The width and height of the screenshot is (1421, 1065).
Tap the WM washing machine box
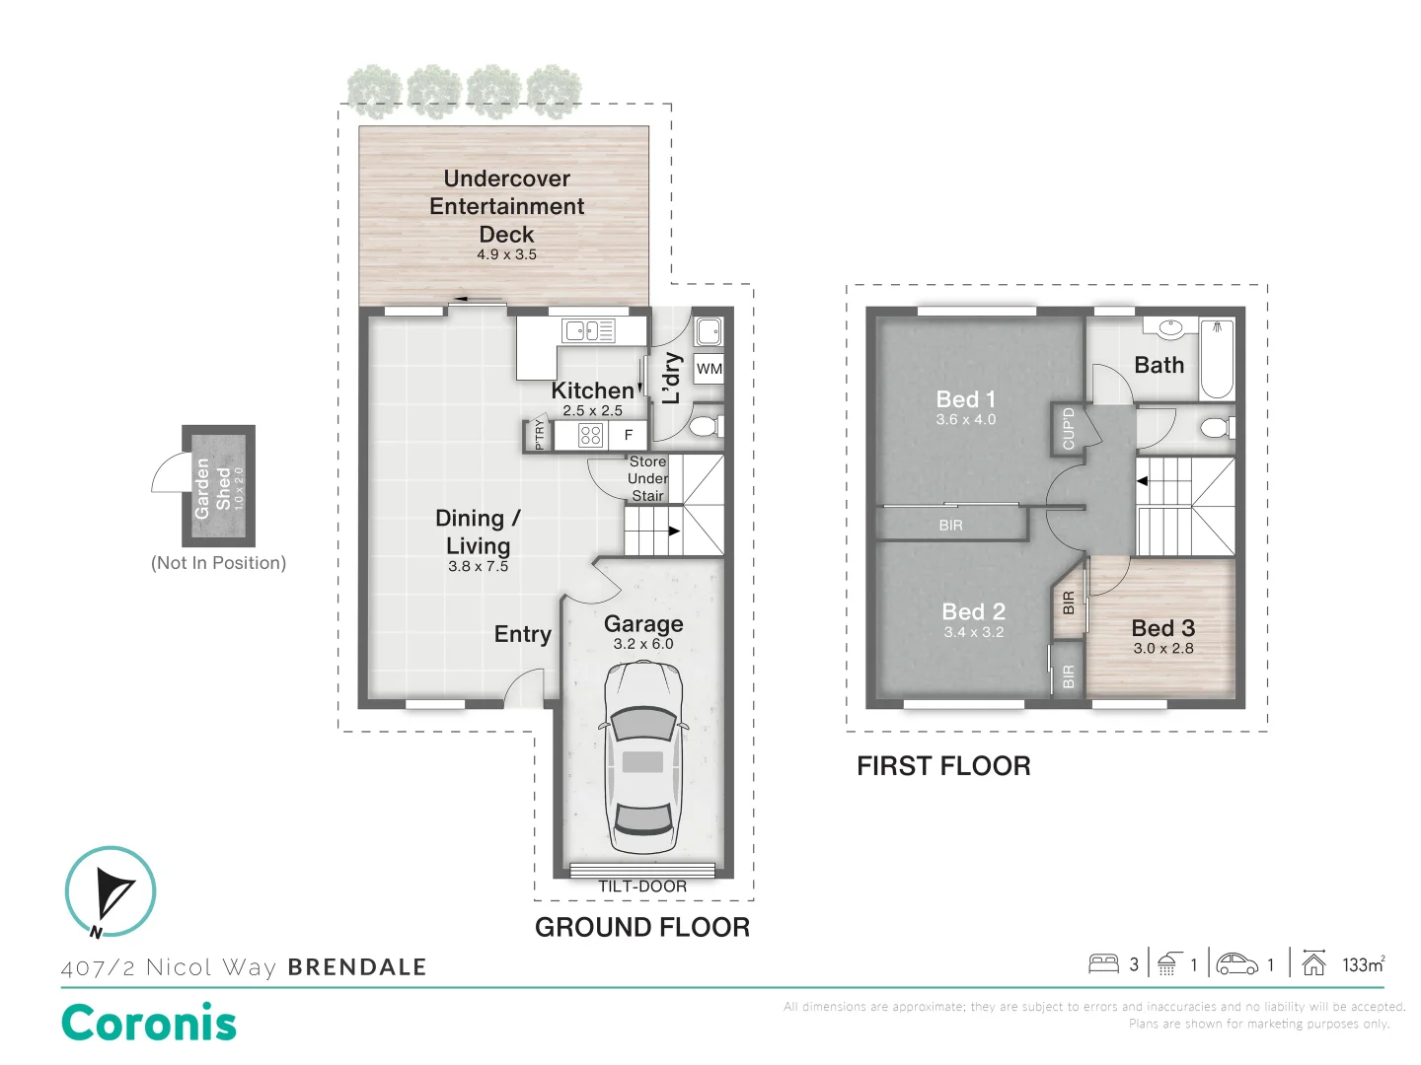tap(709, 369)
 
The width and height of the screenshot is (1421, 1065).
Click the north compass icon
tap(111, 892)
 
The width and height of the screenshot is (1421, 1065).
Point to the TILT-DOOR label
tap(642, 887)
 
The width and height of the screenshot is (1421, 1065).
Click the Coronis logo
tap(149, 1023)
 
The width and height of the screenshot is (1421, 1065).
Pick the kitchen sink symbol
tap(587, 330)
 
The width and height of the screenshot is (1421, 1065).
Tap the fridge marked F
tap(628, 435)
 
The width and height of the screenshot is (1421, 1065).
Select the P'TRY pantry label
tap(539, 435)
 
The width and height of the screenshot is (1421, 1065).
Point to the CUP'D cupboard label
tap(1068, 428)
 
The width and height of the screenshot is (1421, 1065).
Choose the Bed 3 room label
tap(1162, 628)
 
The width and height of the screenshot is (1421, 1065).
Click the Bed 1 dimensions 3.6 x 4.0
tap(965, 420)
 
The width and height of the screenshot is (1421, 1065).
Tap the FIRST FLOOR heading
tap(943, 766)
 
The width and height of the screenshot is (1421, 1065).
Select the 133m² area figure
tap(1363, 964)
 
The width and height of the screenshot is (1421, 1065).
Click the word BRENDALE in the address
tap(357, 967)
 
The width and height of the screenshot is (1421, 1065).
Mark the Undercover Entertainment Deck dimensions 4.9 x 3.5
tap(506, 254)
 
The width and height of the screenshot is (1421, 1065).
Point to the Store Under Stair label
tap(647, 478)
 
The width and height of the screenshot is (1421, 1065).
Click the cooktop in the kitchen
tap(590, 435)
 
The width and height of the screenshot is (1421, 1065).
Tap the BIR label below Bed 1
tap(950, 526)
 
